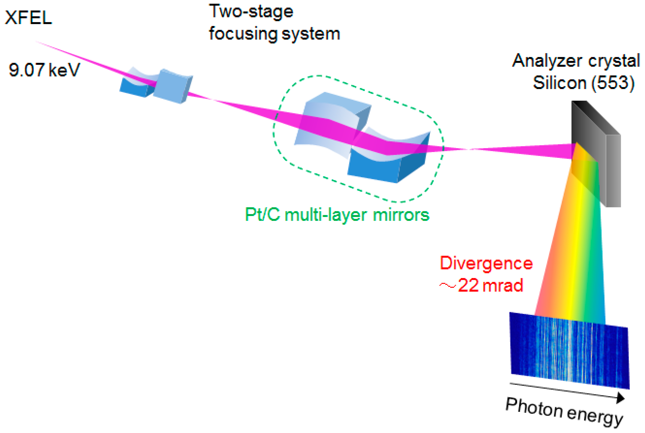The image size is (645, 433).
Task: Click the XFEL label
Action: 28,18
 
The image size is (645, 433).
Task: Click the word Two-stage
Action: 251,12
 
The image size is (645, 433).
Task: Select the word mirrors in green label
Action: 401,215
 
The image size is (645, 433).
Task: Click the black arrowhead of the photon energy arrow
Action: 620,398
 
